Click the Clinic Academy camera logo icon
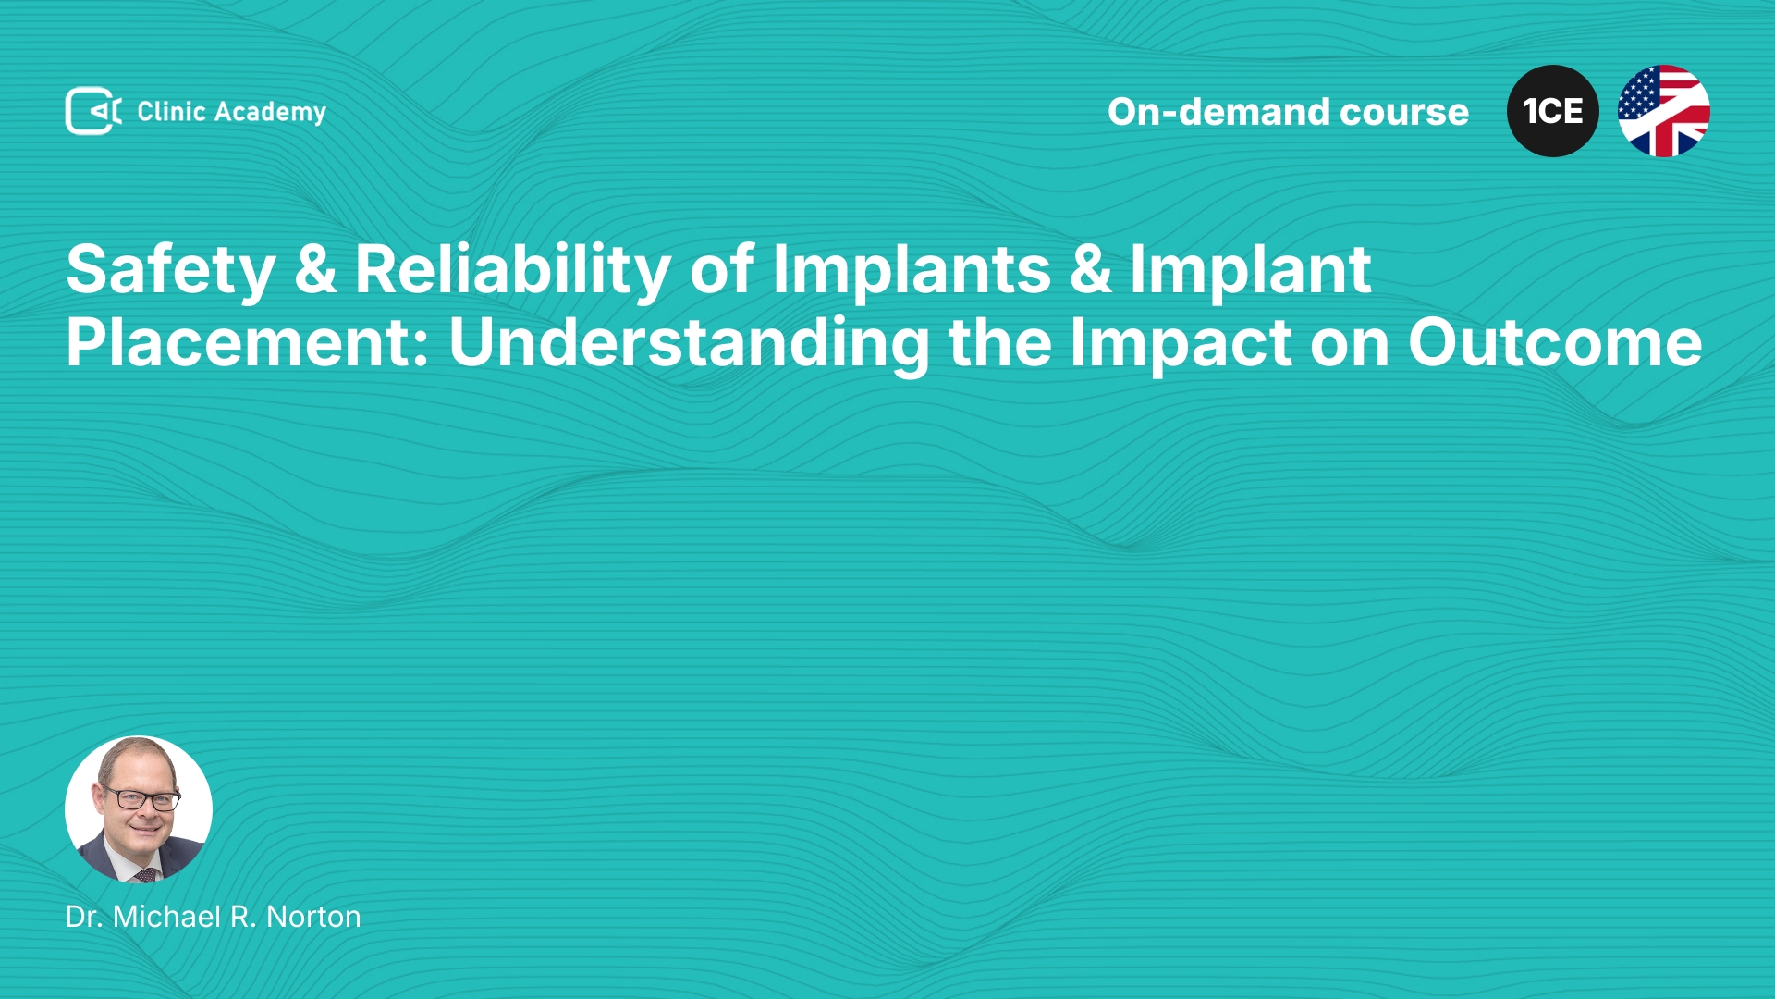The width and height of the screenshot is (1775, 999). (93, 111)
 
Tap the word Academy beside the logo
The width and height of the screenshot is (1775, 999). (270, 113)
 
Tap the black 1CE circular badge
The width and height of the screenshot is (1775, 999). (1553, 111)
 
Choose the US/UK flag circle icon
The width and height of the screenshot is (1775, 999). (1664, 111)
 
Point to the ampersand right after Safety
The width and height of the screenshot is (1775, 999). (315, 270)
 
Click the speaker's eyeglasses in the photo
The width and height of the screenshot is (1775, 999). (141, 798)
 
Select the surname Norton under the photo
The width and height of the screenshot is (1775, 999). (313, 917)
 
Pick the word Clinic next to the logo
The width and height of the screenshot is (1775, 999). (171, 112)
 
